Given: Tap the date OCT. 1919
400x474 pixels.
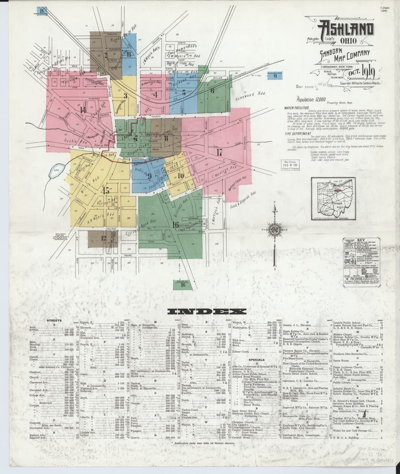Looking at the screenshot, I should (360, 73).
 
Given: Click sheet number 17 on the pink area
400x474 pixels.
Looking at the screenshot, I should (220, 152).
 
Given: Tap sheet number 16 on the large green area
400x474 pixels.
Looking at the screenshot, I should (176, 225).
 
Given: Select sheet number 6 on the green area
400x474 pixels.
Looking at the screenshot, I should (212, 90).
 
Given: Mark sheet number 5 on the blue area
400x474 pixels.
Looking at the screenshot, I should (184, 93).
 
